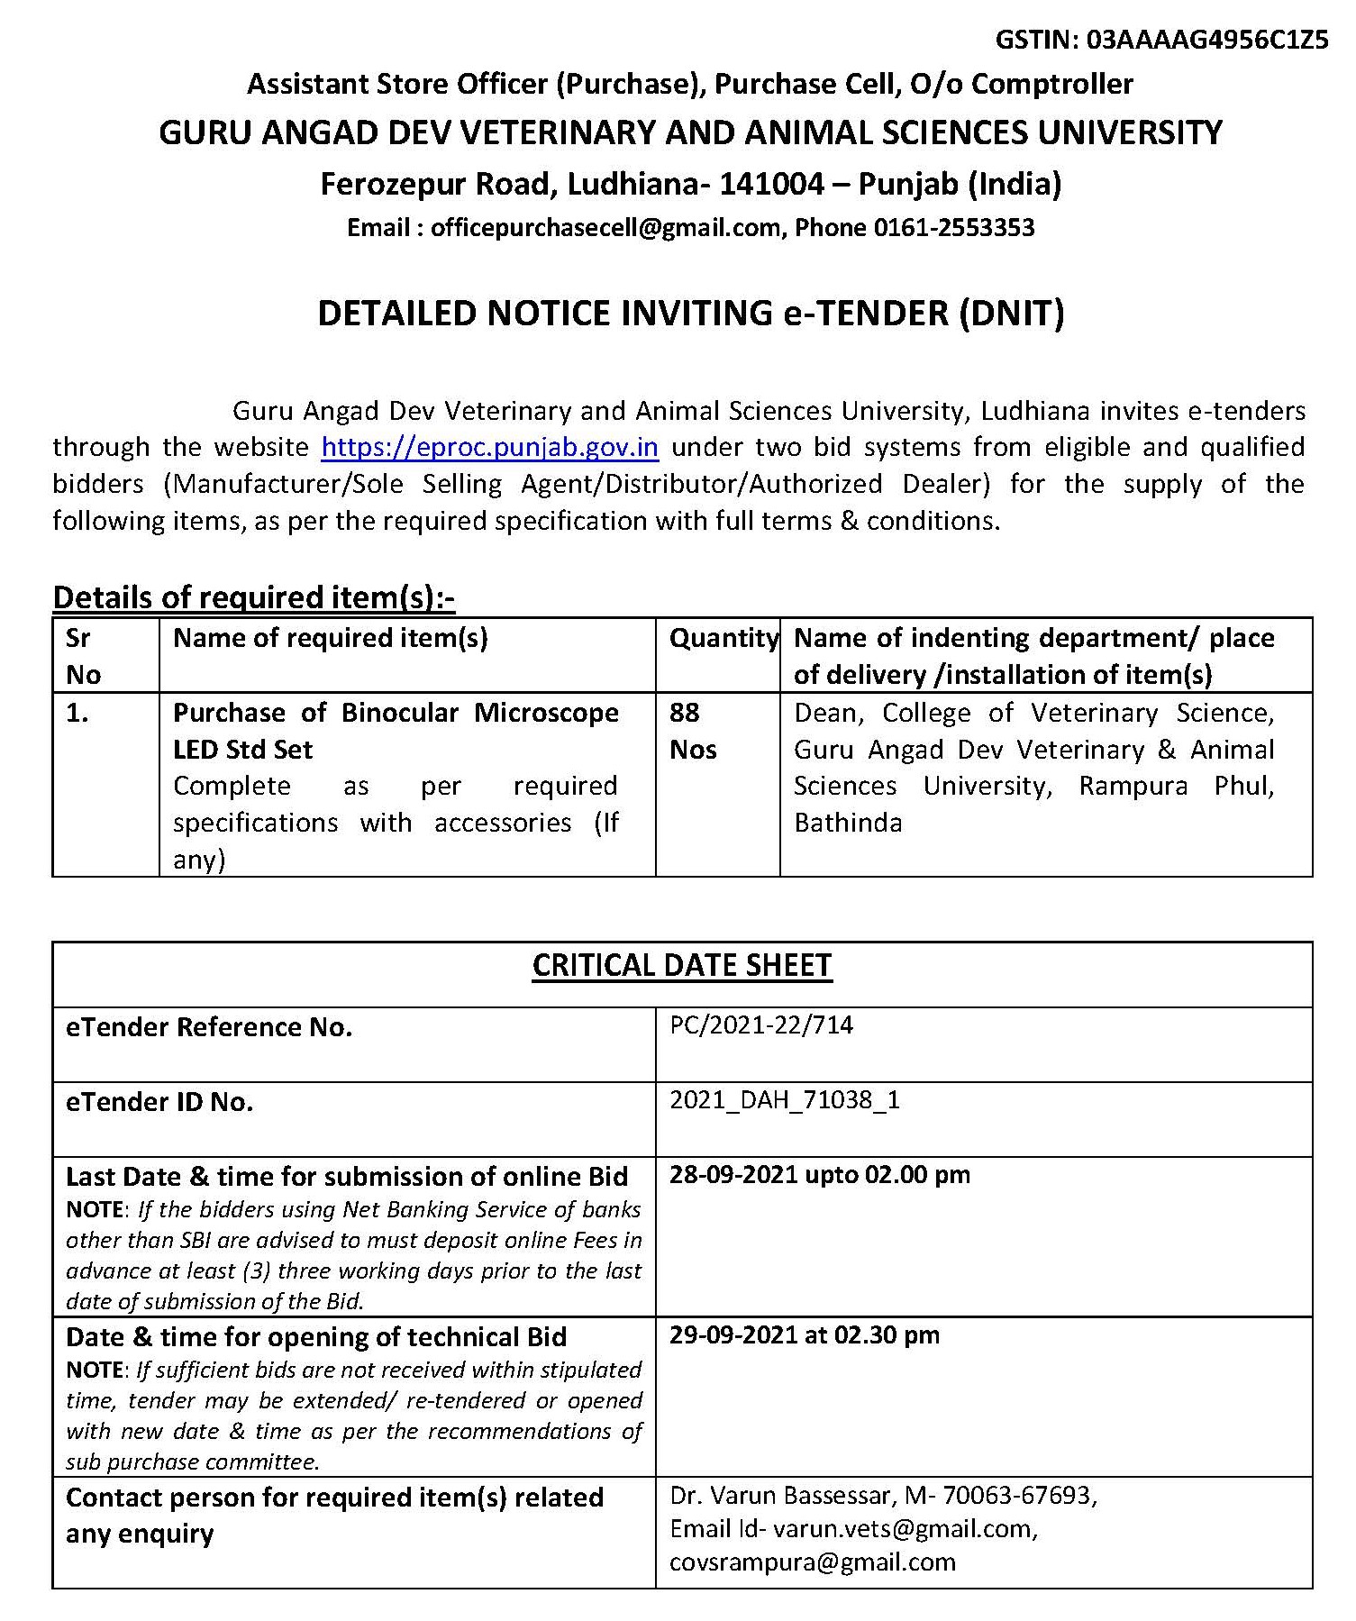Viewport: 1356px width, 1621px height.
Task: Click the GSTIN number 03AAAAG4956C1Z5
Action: tap(1207, 41)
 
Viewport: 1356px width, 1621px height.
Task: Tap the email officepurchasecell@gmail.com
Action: tap(605, 227)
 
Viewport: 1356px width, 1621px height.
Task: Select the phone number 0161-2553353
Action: tap(954, 227)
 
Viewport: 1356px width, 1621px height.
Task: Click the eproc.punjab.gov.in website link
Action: tap(489, 448)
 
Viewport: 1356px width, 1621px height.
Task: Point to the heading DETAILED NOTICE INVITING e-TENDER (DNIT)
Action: tap(691, 314)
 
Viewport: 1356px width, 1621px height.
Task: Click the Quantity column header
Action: tap(723, 638)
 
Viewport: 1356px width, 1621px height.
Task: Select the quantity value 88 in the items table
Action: tap(685, 713)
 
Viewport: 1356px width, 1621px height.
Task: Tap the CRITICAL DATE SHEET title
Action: tap(682, 966)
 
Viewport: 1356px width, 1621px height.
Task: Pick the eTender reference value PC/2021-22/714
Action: tap(761, 1025)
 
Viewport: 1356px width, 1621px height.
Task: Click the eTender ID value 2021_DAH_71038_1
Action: tap(784, 1100)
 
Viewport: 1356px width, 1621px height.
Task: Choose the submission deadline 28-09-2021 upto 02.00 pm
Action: tap(820, 1175)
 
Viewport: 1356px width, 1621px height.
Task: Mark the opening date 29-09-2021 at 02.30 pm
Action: tap(804, 1334)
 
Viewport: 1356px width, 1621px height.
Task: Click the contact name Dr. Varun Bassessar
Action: tap(780, 1496)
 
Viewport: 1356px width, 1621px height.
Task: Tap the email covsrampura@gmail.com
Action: tap(812, 1562)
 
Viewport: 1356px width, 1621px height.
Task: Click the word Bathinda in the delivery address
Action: tap(848, 823)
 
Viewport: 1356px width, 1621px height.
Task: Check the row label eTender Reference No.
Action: tap(208, 1027)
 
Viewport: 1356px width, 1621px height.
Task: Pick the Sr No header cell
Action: tap(83, 656)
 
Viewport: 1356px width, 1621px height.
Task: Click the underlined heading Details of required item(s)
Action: tap(253, 597)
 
